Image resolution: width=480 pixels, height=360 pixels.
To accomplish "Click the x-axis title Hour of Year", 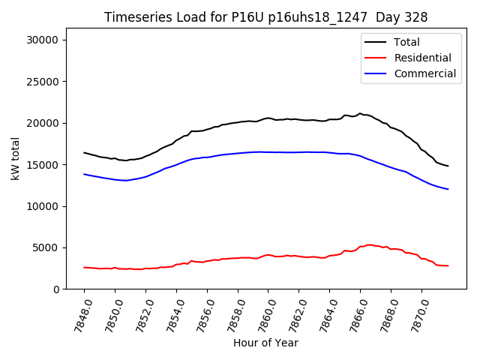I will pyautogui.click(x=265, y=343).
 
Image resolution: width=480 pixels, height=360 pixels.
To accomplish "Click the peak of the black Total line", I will pyautogui.click(x=360, y=113).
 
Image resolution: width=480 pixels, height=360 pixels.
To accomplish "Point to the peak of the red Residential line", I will pyautogui.click(x=368, y=244).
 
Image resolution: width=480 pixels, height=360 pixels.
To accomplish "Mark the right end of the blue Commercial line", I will pyautogui.click(x=448, y=189).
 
